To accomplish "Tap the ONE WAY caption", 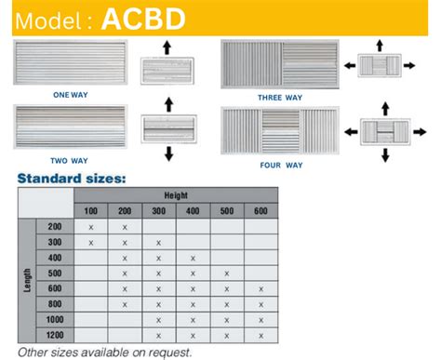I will pos(71,94).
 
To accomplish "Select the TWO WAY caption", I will pos(71,157).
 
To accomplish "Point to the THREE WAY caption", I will pos(280,97).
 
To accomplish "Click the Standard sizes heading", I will pos(72,177).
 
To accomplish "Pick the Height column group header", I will pos(176,195).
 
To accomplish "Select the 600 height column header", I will pos(261,211).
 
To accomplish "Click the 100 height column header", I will pos(90,211).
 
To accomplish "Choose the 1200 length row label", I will pos(54,333).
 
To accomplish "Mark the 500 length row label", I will pos(54,273).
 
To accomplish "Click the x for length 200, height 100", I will pos(90,227).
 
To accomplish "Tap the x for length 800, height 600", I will pos(261,303).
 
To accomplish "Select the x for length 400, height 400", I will pos(193,258).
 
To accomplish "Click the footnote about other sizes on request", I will pos(105,352).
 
